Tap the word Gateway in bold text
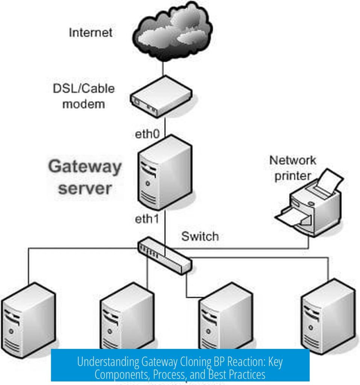pos(85,167)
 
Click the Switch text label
pos(200,237)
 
